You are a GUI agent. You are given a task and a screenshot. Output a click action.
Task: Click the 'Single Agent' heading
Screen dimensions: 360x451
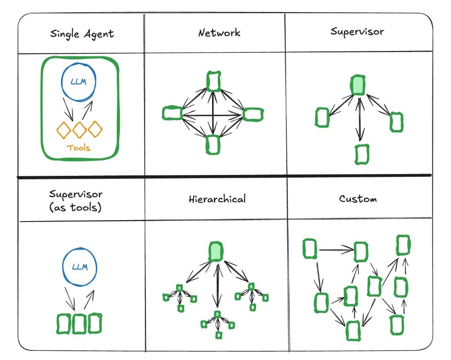[82, 34]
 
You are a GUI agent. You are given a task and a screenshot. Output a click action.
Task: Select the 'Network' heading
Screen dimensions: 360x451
[219, 33]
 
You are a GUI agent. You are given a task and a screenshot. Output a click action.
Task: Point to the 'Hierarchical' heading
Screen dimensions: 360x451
[217, 199]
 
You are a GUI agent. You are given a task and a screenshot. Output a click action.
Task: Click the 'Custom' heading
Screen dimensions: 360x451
[358, 199]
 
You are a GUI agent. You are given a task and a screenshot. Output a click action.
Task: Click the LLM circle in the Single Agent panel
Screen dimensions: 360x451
[79, 83]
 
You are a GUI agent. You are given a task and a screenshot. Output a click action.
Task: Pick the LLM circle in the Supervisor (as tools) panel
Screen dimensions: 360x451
[79, 267]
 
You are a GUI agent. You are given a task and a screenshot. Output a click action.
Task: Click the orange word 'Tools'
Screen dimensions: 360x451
[79, 148]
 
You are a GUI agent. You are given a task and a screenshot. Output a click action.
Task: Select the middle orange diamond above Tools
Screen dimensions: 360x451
[79, 129]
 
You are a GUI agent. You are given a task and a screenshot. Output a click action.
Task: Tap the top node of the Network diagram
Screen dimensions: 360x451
[213, 82]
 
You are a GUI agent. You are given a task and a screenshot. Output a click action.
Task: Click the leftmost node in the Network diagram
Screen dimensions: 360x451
[172, 113]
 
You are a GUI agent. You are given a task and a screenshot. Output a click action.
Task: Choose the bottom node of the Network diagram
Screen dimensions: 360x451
[213, 144]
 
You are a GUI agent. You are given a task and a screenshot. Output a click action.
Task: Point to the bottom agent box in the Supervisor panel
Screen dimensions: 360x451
[362, 154]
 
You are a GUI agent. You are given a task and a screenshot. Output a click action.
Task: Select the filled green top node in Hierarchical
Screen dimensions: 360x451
[216, 252]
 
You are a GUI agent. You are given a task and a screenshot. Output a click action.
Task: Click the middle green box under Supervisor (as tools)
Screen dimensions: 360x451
[79, 324]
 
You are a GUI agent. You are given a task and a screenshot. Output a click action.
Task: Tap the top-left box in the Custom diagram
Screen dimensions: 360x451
[310, 249]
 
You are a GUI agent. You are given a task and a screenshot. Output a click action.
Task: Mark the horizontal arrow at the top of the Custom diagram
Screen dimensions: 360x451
[336, 250]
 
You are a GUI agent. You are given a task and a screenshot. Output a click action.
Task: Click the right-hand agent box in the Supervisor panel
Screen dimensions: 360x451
[396, 121]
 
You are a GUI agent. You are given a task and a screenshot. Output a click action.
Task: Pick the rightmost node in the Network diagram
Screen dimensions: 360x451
[253, 114]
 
